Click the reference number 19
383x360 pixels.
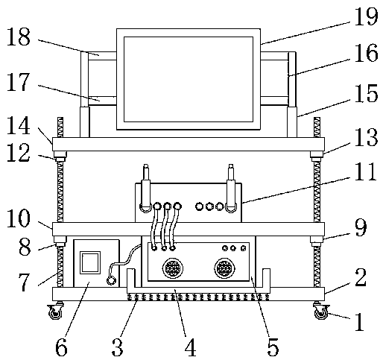point(366,16)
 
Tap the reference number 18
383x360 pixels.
point(19,37)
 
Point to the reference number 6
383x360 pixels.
point(61,347)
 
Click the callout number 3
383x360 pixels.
point(118,347)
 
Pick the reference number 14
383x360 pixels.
point(19,125)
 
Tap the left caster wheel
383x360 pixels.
point(55,312)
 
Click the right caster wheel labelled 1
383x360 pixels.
point(321,312)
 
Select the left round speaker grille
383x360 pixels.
point(173,268)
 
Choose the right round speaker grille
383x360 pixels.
point(224,268)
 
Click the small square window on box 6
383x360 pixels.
point(90,262)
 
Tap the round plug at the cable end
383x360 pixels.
point(111,281)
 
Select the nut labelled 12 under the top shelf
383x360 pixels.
point(60,157)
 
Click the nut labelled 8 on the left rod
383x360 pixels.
point(60,241)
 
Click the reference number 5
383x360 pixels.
point(273,347)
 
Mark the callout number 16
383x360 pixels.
point(366,53)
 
